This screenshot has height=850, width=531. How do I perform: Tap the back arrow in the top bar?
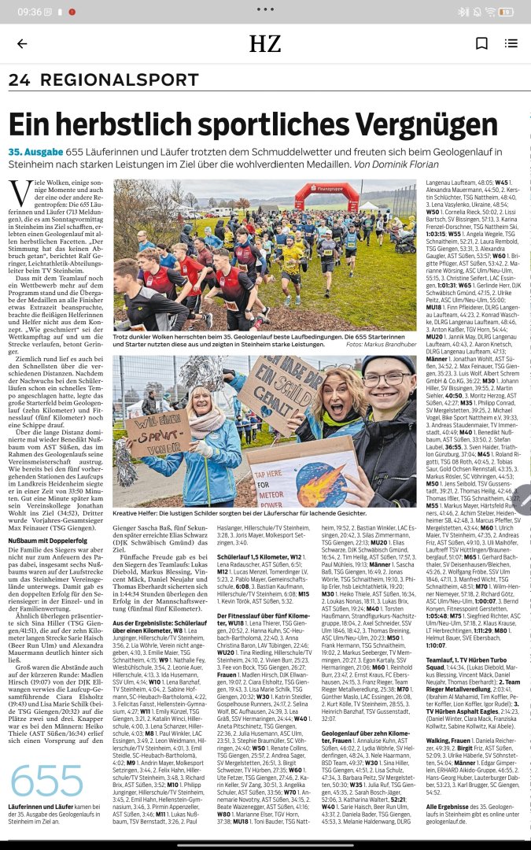coord(22,44)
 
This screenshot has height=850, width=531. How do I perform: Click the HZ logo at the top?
coord(265,44)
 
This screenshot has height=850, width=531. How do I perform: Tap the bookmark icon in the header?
coord(481,44)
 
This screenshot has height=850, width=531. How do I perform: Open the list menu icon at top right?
coord(511,44)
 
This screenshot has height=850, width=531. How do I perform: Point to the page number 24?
coord(19,80)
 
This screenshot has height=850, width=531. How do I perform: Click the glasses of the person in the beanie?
coord(387,381)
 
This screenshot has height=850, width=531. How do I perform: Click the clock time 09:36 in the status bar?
coord(29,12)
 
